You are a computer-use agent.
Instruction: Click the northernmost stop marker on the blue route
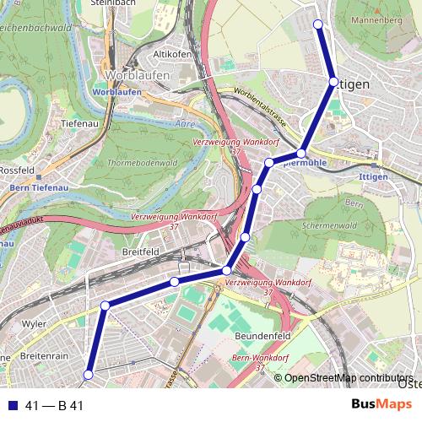pyautogui.click(x=318, y=24)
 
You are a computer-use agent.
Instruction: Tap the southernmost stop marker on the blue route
pyautogui.click(x=88, y=375)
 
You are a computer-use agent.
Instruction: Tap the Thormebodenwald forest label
pyautogui.click(x=145, y=162)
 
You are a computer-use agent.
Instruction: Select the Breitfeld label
pyautogui.click(x=140, y=252)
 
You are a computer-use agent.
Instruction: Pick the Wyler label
pyautogui.click(x=35, y=323)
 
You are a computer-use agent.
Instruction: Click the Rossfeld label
pyautogui.click(x=14, y=169)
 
